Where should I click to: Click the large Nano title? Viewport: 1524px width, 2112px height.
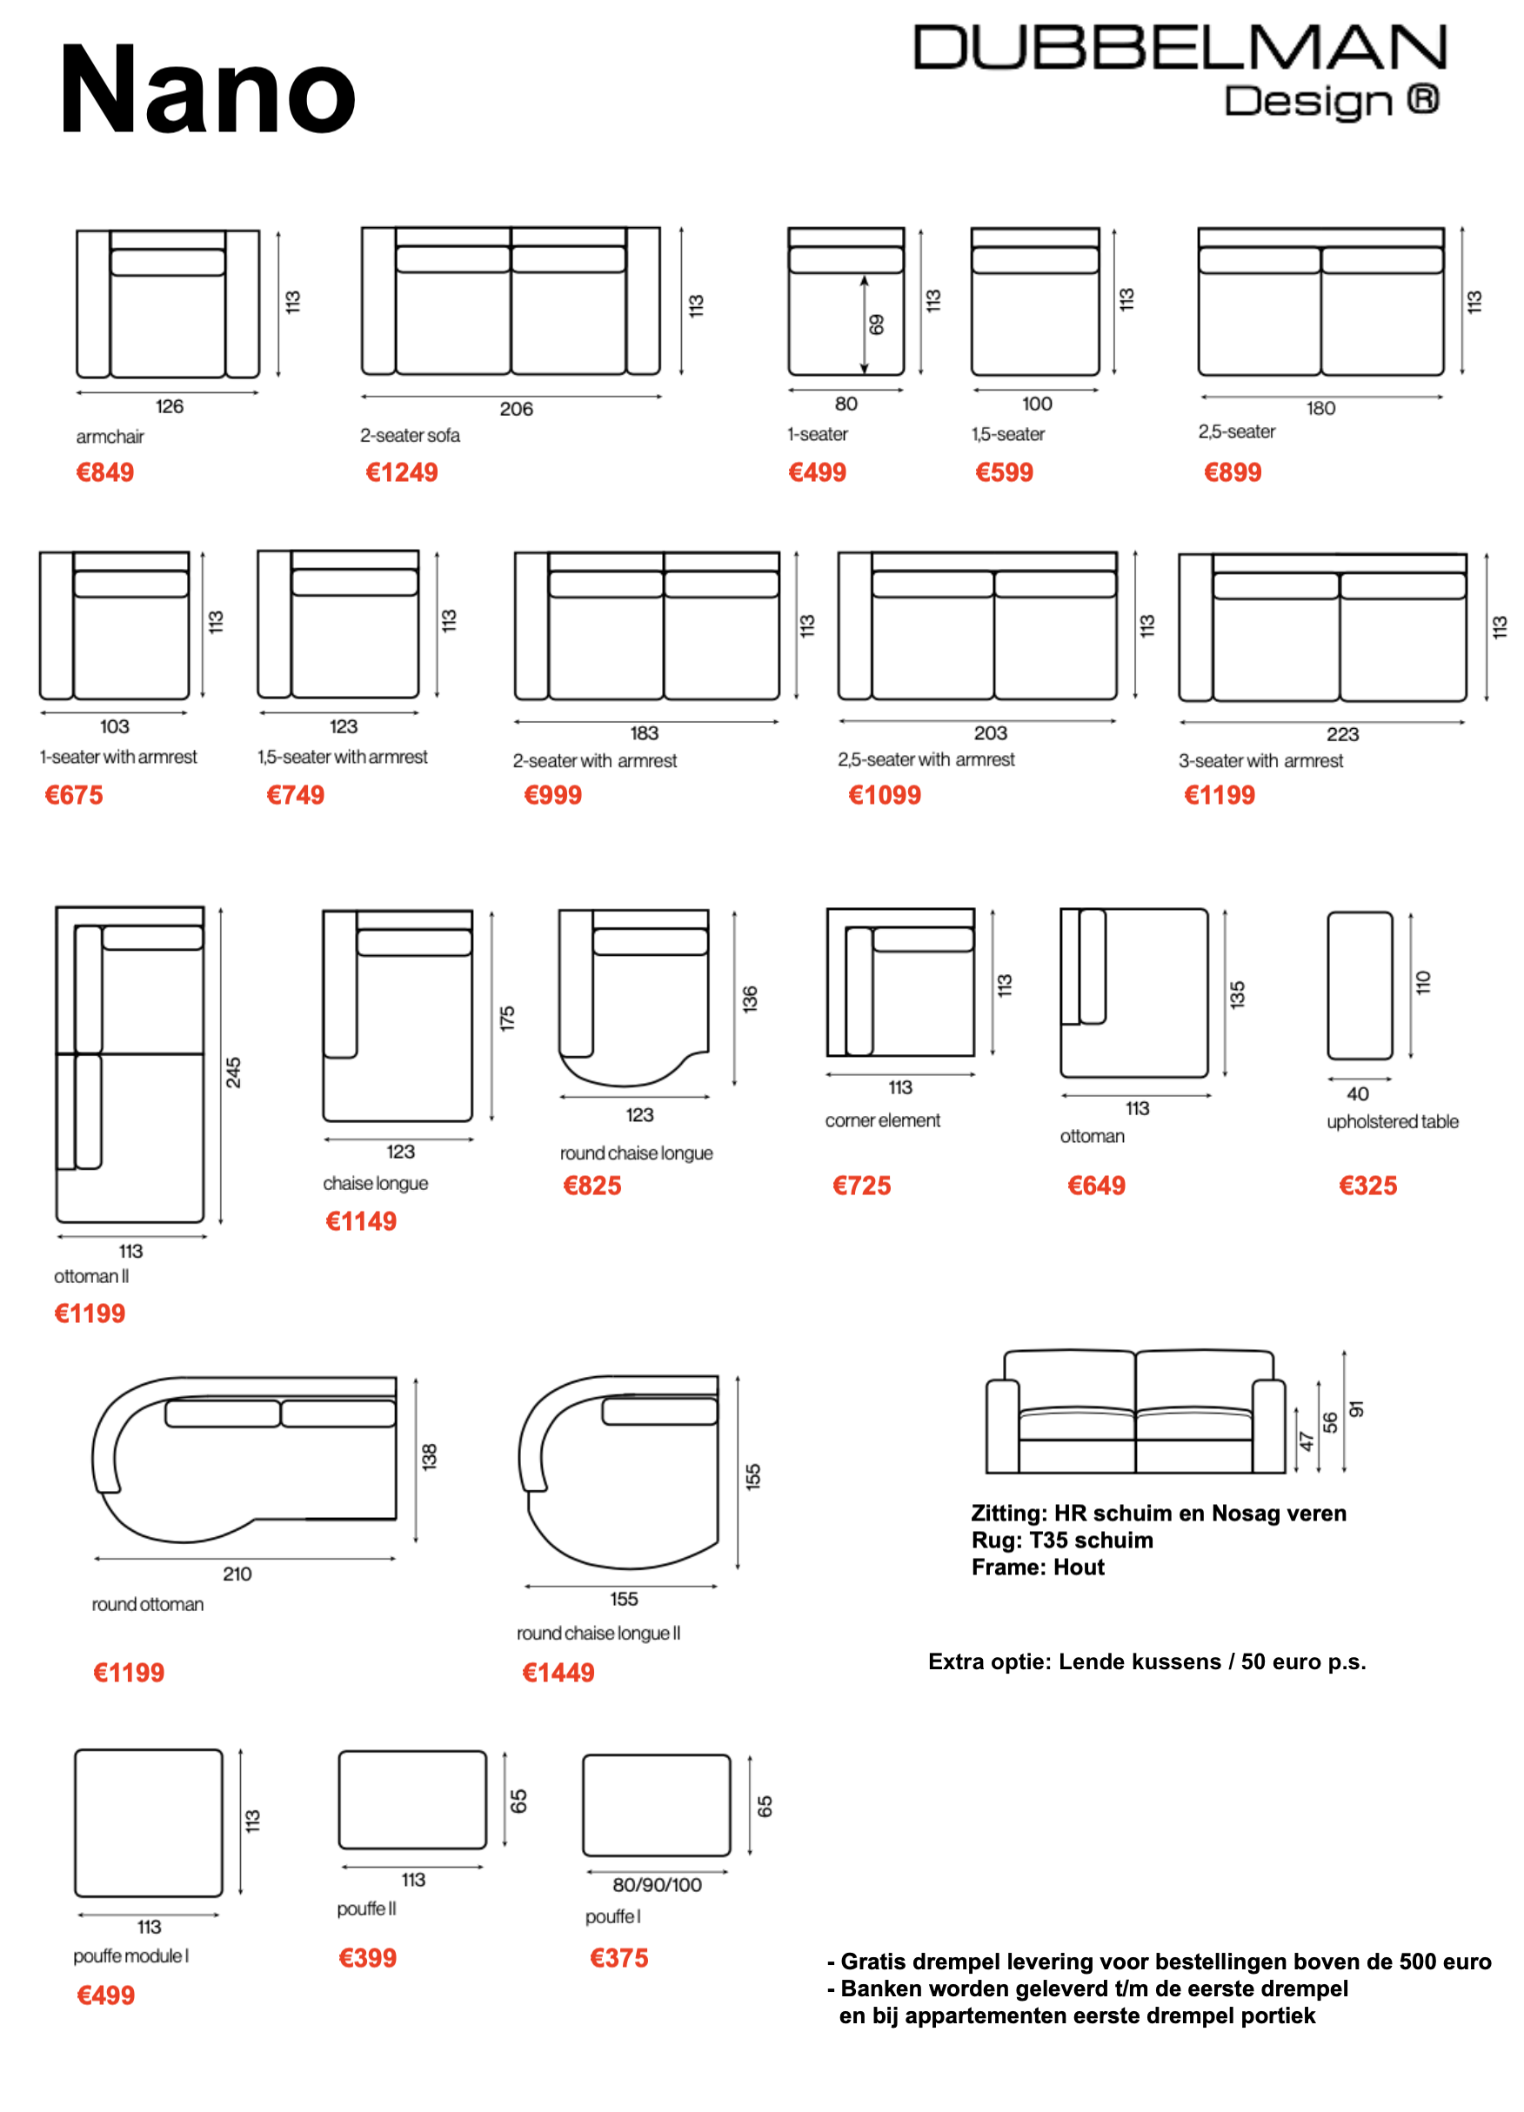click(x=207, y=90)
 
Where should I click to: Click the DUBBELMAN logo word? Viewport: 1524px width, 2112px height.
click(x=1180, y=48)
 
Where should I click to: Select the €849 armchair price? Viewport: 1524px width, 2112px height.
click(x=105, y=472)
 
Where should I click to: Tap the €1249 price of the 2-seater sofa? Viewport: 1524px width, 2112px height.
click(x=401, y=472)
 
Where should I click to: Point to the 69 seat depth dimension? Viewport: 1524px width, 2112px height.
click(x=876, y=325)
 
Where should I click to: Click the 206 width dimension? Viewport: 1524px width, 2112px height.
click(x=516, y=409)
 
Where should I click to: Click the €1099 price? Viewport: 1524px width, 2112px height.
click(x=885, y=794)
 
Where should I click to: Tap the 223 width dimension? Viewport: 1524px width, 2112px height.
click(x=1342, y=734)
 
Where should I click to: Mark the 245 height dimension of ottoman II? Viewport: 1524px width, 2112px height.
click(x=234, y=1072)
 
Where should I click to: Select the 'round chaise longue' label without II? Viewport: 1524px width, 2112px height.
click(x=636, y=1153)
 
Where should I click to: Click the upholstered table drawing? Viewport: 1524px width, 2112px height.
click(x=1360, y=986)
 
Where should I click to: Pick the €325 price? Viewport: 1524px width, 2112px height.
click(x=1367, y=1186)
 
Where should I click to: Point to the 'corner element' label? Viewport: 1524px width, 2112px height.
click(x=883, y=1120)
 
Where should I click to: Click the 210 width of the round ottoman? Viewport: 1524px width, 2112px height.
click(x=237, y=1574)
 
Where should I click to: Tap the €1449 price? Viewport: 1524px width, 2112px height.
click(x=558, y=1673)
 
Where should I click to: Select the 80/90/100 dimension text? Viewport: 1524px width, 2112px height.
click(x=658, y=1885)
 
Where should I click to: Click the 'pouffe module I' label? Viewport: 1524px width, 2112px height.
click(x=131, y=1955)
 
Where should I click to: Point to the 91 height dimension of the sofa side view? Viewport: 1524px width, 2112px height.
click(x=1356, y=1409)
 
